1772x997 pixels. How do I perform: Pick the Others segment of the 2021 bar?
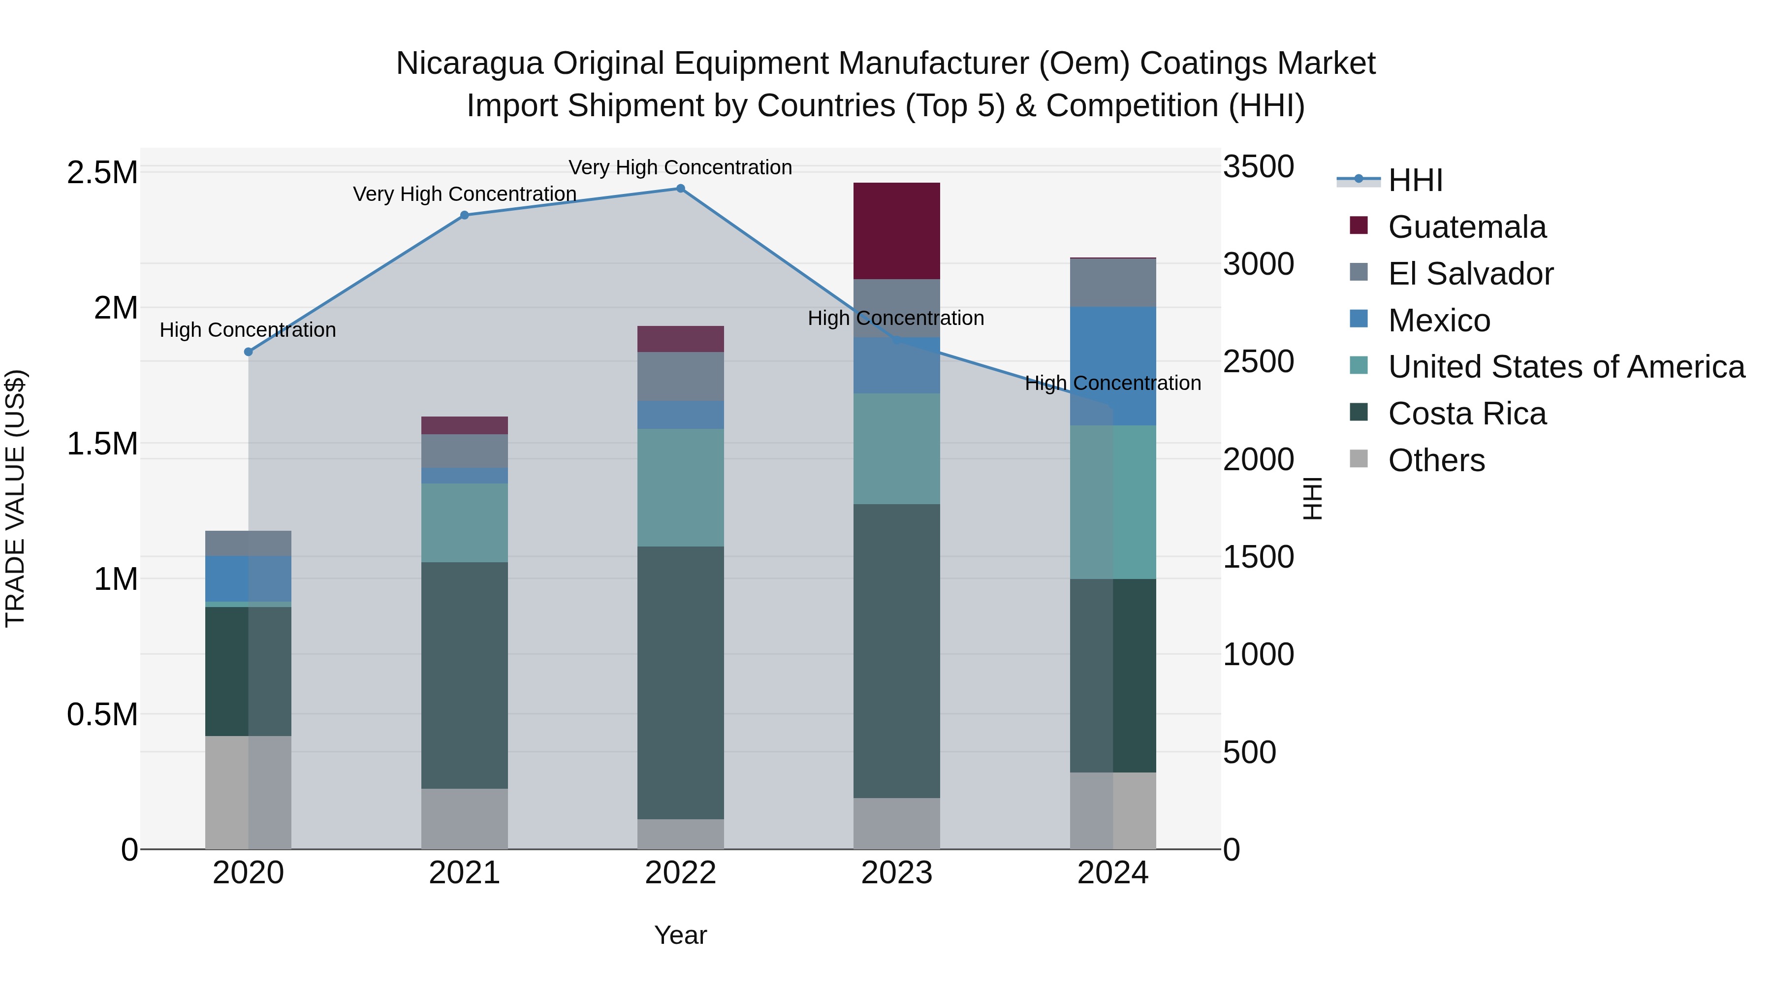tap(464, 818)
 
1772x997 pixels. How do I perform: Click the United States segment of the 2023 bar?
tap(896, 448)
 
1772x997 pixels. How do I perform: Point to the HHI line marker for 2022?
tap(680, 189)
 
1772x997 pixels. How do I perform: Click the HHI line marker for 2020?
tap(249, 352)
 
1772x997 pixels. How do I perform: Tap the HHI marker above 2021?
tap(464, 215)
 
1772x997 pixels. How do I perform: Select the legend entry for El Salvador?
tap(1470, 274)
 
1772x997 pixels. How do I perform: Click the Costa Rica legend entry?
tap(1467, 414)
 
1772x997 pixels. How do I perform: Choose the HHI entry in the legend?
tap(1415, 180)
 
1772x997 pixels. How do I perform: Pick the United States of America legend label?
tap(1566, 367)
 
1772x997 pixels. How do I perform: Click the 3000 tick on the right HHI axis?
tap(1258, 264)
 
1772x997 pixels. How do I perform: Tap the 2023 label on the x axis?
tap(896, 873)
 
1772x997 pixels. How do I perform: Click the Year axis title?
tap(680, 935)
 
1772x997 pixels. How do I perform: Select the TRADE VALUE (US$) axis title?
tap(15, 498)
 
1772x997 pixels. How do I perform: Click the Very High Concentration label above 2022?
tap(680, 167)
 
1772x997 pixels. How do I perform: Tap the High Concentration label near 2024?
tap(1113, 383)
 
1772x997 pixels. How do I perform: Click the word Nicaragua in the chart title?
tap(469, 64)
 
